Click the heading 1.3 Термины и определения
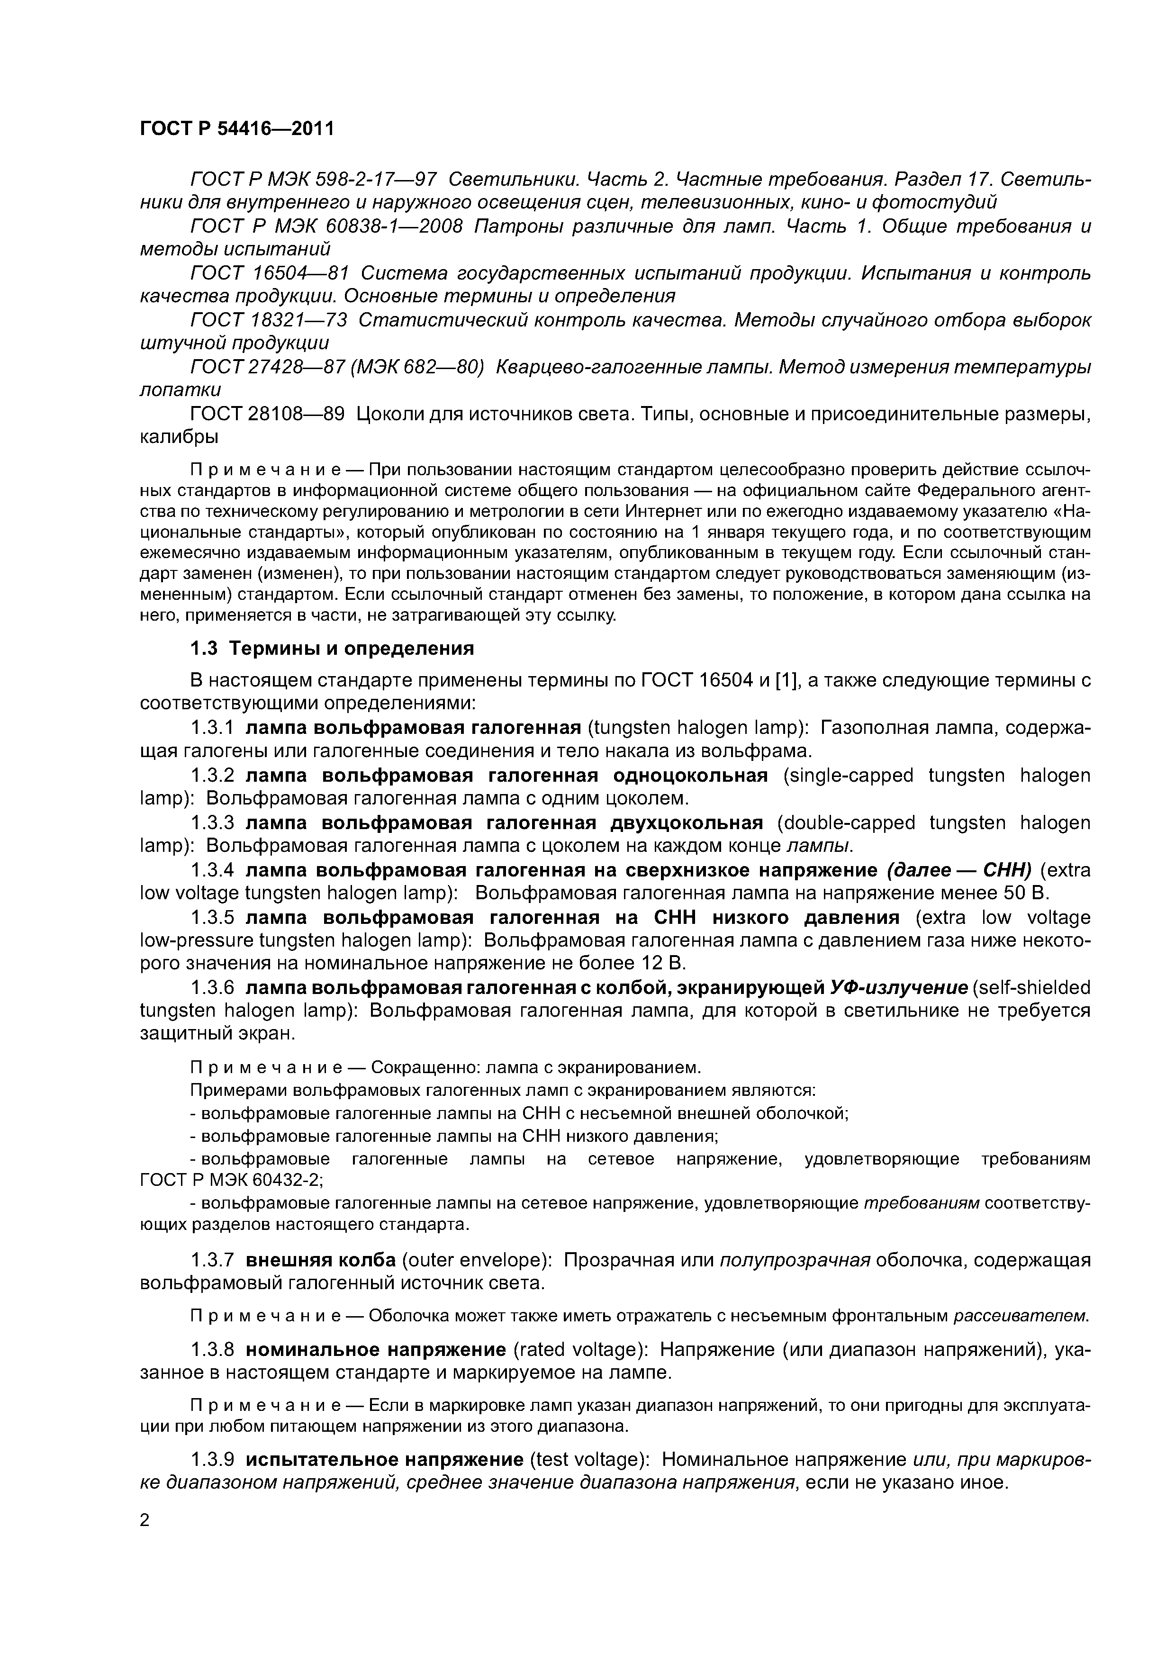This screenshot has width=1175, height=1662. tap(332, 648)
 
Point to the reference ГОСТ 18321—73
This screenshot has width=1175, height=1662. tap(269, 319)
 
